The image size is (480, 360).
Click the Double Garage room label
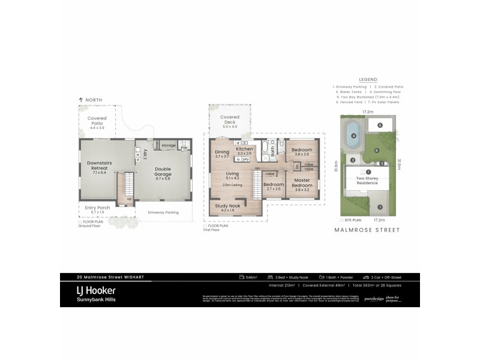tap(163, 172)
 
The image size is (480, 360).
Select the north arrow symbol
tap(80, 100)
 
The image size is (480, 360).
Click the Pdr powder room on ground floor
tap(185, 146)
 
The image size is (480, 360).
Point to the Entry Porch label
tap(91, 209)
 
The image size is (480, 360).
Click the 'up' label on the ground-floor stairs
tap(128, 199)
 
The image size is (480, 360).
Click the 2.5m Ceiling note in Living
tap(231, 185)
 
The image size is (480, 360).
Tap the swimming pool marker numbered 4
tap(353, 136)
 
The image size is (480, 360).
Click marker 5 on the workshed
tap(380, 125)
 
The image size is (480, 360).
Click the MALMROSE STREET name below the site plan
tap(367, 230)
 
